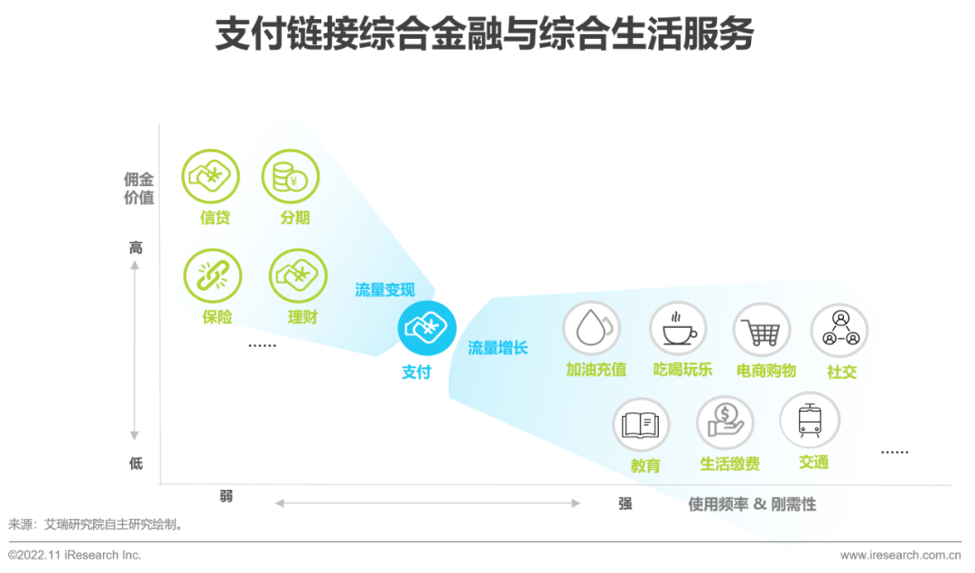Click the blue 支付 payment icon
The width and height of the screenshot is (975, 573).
click(x=427, y=327)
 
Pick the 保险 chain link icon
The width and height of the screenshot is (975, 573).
click(x=212, y=275)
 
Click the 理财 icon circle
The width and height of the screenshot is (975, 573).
click(x=298, y=276)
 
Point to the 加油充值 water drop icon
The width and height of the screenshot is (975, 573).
click(x=591, y=329)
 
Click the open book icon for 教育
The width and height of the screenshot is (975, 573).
click(x=641, y=425)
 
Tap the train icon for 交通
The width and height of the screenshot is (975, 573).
click(x=809, y=420)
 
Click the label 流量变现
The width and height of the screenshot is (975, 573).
click(x=385, y=290)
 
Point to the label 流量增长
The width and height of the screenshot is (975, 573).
click(x=497, y=347)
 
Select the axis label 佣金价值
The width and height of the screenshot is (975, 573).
click(x=139, y=188)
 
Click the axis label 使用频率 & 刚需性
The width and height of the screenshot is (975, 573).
click(x=752, y=504)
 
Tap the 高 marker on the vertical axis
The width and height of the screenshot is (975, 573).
click(x=136, y=248)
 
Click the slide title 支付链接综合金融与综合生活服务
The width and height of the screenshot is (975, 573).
click(x=485, y=36)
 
